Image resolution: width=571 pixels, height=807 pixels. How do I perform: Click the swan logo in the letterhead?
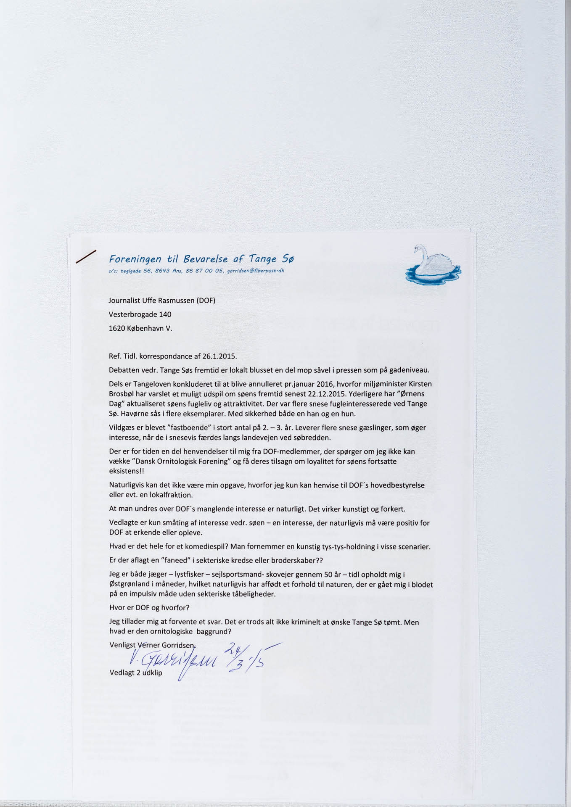click(x=433, y=266)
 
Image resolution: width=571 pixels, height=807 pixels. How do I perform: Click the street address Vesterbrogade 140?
click(x=140, y=314)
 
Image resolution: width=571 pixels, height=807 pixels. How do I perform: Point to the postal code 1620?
click(x=116, y=328)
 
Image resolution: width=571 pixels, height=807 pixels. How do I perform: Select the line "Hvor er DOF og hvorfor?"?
click(x=149, y=608)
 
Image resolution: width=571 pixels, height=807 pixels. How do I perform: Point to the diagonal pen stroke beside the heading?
click(x=86, y=257)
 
